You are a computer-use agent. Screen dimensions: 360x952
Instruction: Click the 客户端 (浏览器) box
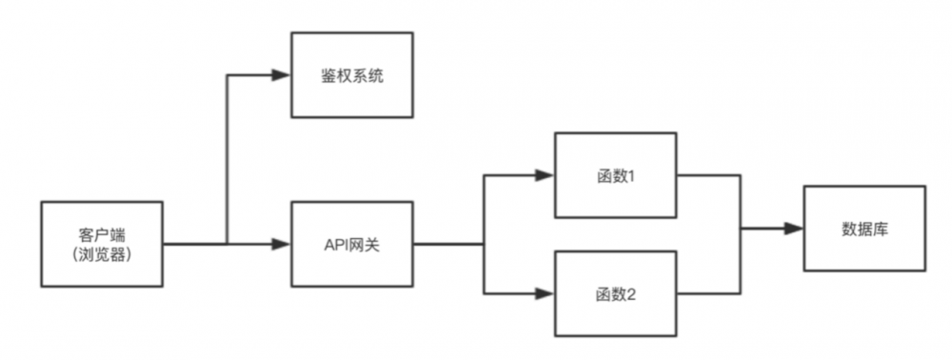102,244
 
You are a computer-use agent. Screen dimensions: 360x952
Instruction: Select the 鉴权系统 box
352,75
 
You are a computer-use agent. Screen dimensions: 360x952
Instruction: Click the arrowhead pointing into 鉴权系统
281,75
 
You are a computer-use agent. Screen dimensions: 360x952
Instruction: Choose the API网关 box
352,244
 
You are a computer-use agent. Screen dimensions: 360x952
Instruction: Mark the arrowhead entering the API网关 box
281,244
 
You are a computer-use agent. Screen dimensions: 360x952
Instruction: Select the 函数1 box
616,175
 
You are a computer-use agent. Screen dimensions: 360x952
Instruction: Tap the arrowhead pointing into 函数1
545,175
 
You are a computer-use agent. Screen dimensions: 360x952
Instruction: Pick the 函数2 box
616,293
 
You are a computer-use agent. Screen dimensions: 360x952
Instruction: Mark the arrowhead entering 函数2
545,293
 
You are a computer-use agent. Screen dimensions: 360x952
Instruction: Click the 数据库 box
864,229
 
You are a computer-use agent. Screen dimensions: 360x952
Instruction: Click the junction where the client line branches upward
227,244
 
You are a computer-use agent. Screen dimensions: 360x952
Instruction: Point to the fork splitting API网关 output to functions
485,244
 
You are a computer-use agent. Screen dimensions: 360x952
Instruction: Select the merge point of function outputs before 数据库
741,229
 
